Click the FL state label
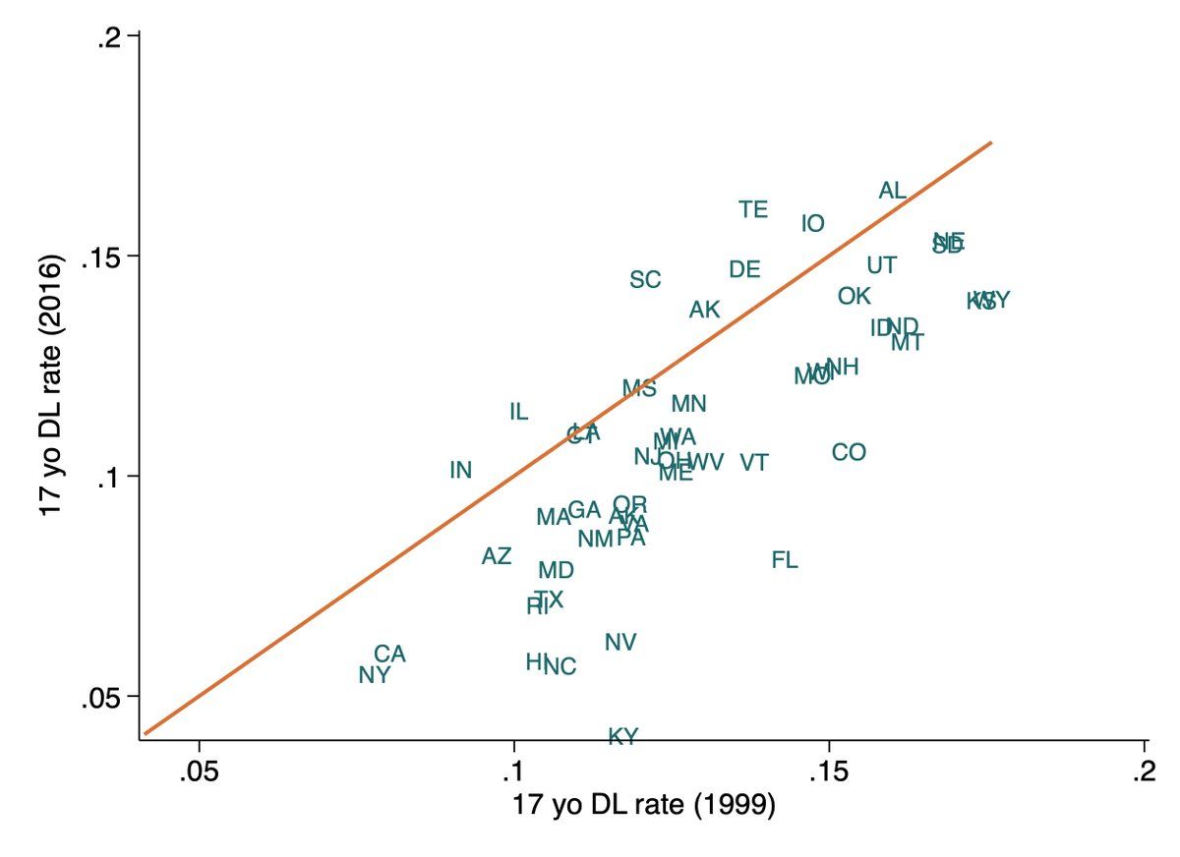click(x=784, y=560)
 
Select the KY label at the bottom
click(x=623, y=736)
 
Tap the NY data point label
click(x=375, y=675)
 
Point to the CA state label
click(x=389, y=654)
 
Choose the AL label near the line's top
click(x=893, y=191)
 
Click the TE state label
click(x=753, y=209)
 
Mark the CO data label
click(x=849, y=452)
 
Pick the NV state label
click(x=620, y=642)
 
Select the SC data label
click(x=645, y=280)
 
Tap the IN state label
click(x=461, y=470)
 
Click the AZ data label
click(x=497, y=556)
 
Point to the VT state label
click(x=754, y=462)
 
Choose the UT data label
click(x=882, y=265)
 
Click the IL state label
click(x=518, y=412)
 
